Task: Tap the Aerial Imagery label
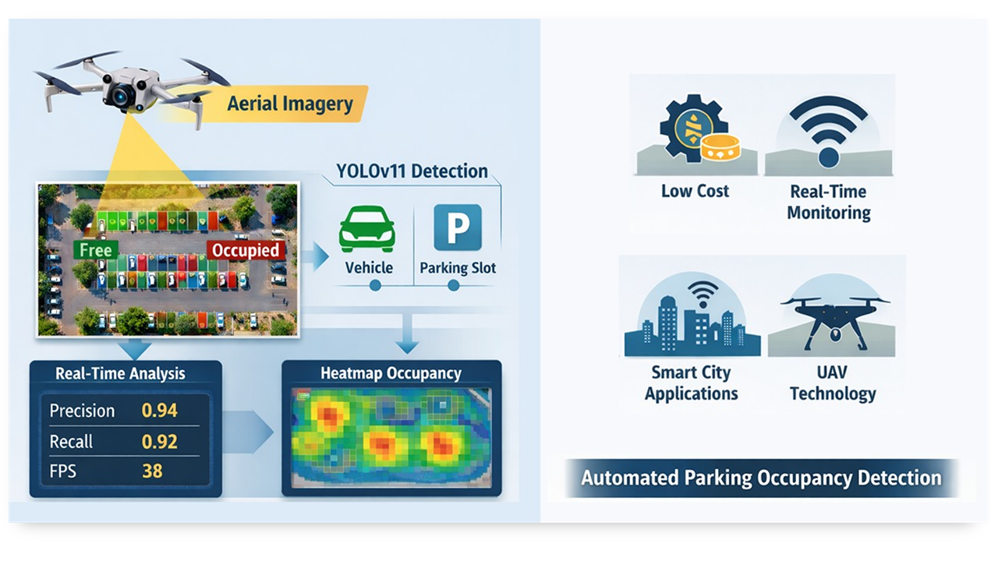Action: pos(289,104)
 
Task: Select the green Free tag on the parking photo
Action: pos(95,250)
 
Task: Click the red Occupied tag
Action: pos(246,250)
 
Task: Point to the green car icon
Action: pos(366,228)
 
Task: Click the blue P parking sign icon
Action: pos(457,228)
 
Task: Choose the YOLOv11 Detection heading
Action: pos(412,171)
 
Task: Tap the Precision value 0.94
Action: pos(160,411)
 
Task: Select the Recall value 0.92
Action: pos(160,442)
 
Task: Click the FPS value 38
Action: pos(153,471)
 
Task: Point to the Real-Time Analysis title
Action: pos(121,373)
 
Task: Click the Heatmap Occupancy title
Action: pos(391,374)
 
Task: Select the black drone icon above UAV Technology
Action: pos(833,319)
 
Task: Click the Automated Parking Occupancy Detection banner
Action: pos(760,478)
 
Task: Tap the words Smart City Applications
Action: pos(691,383)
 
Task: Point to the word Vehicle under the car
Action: pos(369,268)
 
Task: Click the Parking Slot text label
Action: pos(458,268)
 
